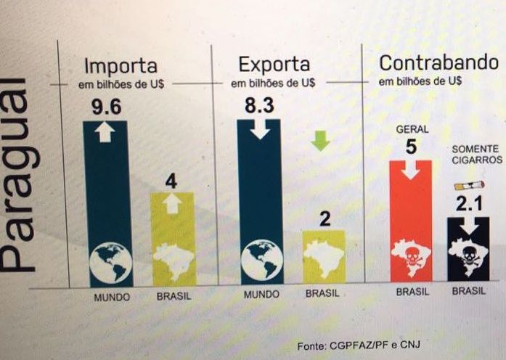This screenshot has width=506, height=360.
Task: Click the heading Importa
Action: pos(126,65)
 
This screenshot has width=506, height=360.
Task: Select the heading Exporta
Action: pos(274,65)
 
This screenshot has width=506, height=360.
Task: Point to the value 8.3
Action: pos(259,107)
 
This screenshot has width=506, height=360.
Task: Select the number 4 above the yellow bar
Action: pos(171,181)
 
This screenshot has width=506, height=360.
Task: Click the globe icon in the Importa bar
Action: pos(110,261)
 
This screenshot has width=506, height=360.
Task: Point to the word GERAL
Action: pos(412,129)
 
